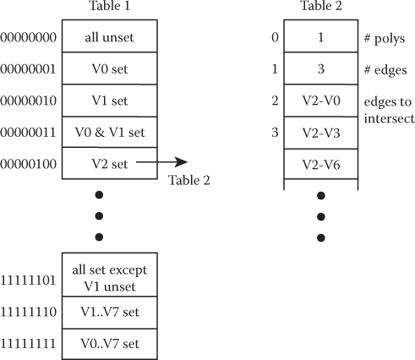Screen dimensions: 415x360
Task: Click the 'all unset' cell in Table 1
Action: click(x=110, y=36)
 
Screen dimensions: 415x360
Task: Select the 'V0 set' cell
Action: click(x=110, y=68)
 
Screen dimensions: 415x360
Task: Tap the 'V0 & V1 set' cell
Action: click(x=110, y=132)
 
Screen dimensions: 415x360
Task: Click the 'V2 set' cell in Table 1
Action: click(x=110, y=163)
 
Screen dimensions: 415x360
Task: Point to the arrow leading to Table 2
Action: click(x=161, y=162)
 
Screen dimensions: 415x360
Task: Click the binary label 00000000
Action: click(x=28, y=37)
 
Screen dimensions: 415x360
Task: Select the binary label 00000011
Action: click(x=28, y=133)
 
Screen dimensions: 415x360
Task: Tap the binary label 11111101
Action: click(x=28, y=281)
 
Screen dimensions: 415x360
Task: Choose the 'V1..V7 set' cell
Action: click(x=110, y=313)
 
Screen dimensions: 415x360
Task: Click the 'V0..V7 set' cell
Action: click(x=110, y=344)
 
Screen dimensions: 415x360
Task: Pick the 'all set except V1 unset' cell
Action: click(x=110, y=275)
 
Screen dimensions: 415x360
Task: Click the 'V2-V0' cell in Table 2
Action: click(x=321, y=101)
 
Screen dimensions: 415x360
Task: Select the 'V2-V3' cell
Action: click(x=321, y=133)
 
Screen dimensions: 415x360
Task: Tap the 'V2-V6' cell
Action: click(x=321, y=164)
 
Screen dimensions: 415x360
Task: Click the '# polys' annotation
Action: click(x=385, y=39)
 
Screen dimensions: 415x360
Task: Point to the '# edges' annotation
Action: click(x=385, y=70)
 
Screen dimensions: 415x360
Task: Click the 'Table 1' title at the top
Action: click(x=110, y=6)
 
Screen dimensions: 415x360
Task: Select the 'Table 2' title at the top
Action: click(x=321, y=6)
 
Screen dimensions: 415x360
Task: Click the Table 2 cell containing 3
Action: click(x=321, y=68)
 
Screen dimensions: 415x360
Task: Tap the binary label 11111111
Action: click(x=28, y=344)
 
